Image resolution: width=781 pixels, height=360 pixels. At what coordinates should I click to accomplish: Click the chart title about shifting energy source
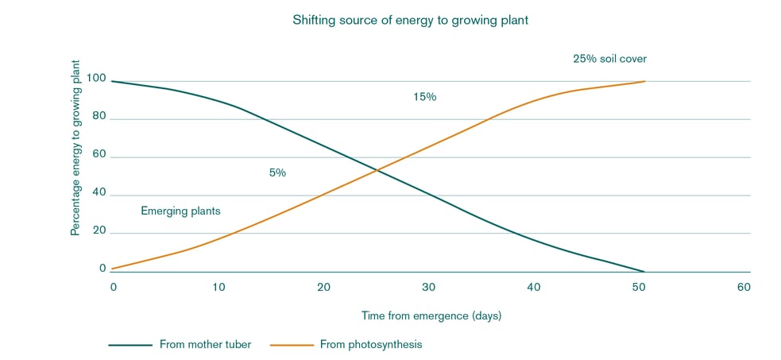pyautogui.click(x=409, y=21)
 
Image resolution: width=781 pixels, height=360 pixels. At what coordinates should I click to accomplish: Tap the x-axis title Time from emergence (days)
pyautogui.click(x=431, y=315)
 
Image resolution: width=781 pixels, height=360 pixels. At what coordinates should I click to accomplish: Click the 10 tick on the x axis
pyautogui.click(x=218, y=287)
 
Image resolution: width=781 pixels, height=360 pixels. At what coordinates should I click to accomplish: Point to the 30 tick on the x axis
pyautogui.click(x=429, y=287)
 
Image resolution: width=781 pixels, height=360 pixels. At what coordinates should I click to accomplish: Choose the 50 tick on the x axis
pyautogui.click(x=639, y=287)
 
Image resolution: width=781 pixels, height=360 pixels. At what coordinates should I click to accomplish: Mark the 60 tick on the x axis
pyautogui.click(x=744, y=287)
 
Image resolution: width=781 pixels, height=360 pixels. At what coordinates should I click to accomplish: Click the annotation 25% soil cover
pyautogui.click(x=615, y=59)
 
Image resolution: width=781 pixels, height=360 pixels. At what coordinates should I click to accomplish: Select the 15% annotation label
pyautogui.click(x=425, y=97)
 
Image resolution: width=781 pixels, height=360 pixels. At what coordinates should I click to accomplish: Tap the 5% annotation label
pyautogui.click(x=277, y=172)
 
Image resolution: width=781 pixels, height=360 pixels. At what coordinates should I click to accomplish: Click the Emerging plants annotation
pyautogui.click(x=180, y=211)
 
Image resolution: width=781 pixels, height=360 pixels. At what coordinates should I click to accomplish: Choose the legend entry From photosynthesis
pyautogui.click(x=371, y=344)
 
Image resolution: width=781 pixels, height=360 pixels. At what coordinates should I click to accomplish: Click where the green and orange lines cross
pyautogui.click(x=378, y=169)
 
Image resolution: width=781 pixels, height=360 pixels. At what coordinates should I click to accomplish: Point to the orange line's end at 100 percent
pyautogui.click(x=644, y=81)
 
